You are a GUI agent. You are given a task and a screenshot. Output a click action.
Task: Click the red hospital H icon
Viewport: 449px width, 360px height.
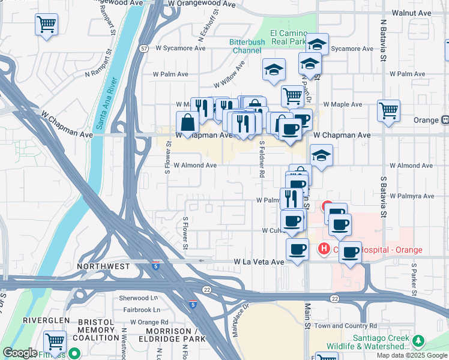click(324, 248)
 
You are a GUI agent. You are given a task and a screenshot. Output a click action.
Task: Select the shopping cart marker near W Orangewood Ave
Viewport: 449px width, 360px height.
click(46, 25)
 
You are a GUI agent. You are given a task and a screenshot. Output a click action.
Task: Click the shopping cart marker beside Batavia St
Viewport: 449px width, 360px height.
click(388, 110)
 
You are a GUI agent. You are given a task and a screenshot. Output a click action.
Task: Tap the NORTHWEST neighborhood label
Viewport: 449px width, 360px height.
click(103, 266)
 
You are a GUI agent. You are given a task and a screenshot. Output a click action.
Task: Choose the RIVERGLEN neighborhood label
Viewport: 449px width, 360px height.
click(47, 320)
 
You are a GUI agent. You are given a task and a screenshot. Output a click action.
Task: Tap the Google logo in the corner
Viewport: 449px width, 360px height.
click(20, 353)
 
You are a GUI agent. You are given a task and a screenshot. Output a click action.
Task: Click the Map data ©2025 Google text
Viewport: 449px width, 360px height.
click(412, 355)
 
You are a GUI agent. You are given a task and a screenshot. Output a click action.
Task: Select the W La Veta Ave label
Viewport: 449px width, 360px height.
click(259, 262)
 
